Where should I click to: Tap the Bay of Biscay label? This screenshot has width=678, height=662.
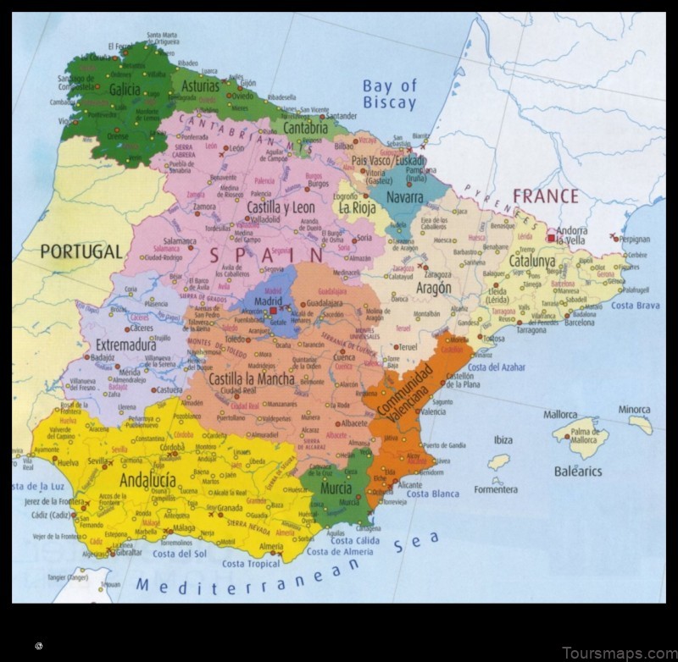[x=390, y=94]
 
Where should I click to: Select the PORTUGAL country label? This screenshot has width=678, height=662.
[x=81, y=251]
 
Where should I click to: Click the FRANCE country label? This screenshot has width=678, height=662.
[x=546, y=196]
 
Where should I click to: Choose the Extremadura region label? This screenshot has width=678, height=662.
[x=125, y=345]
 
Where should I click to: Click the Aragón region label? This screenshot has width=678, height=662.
[x=433, y=288]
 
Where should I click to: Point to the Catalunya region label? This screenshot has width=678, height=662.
[x=532, y=262]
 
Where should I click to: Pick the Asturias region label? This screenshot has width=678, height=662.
[x=200, y=86]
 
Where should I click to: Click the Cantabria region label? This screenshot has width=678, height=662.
[x=305, y=129]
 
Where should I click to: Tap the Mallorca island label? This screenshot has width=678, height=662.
[x=560, y=415]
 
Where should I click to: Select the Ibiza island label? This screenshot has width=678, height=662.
[x=503, y=439]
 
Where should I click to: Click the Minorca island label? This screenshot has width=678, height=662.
[x=634, y=410]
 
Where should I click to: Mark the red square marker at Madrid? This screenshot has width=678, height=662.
[x=273, y=311]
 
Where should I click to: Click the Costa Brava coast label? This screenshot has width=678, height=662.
[x=636, y=306]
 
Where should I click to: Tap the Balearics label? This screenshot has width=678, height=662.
[x=578, y=471]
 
